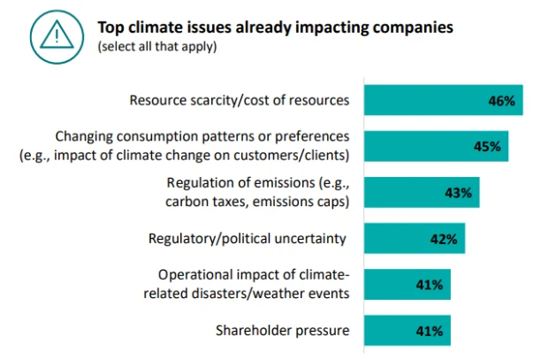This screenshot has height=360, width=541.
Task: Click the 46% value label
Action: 500,102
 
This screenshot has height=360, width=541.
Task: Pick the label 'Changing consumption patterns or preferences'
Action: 202,137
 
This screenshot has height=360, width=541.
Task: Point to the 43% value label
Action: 458,193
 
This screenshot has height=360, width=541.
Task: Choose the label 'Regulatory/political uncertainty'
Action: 246,238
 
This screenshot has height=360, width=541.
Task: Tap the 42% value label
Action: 443,239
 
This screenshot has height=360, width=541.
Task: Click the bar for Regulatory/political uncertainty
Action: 398,239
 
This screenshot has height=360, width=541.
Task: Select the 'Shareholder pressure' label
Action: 282,331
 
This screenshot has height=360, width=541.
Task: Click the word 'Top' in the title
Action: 110,27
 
